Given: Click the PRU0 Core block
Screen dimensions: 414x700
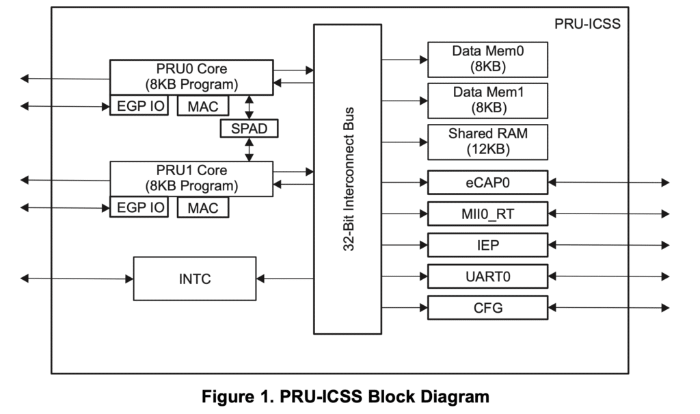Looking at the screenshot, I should pos(191,77).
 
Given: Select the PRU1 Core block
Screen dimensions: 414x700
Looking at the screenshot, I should pos(191,178).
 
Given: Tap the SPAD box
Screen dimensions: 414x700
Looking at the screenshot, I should pos(250,128).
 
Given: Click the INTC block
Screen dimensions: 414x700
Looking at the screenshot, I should pos(194,279).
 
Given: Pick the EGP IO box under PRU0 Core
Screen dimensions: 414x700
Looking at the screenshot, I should pos(139,106).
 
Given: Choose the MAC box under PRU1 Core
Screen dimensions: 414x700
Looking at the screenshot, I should pos(202,207).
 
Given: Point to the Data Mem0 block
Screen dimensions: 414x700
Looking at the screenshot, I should pos(487,60).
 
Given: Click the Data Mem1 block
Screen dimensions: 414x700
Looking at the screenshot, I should pos(487,100).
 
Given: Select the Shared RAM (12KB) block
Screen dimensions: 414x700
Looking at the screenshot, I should pos(487,142).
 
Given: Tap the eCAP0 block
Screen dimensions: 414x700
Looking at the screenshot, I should pos(487,183).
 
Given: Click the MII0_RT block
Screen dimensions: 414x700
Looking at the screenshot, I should pos(487,214).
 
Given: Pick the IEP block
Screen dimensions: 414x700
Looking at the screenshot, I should pos(487,244).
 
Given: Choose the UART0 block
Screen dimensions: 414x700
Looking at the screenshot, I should pos(487,276).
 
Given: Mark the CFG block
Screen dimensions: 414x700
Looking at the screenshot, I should pos(487,308).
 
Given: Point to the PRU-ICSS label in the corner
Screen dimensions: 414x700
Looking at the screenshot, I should pos(587,25).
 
